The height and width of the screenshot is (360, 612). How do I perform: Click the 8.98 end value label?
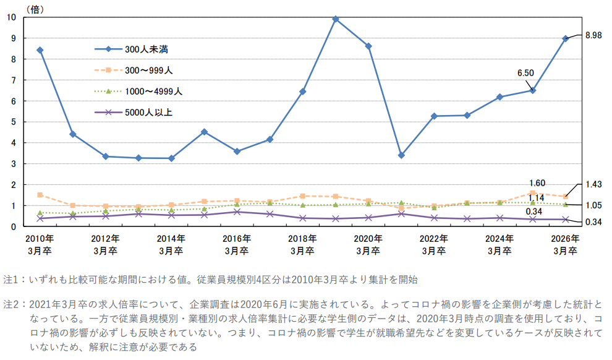click(x=593, y=36)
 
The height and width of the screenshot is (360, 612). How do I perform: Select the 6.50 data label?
click(x=525, y=73)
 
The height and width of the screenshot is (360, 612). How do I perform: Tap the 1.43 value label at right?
click(x=593, y=184)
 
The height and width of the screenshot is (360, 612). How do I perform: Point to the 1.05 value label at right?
click(x=593, y=205)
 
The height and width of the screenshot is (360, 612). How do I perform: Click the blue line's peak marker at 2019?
click(x=336, y=19)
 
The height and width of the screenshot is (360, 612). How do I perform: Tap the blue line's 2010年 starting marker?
click(x=40, y=50)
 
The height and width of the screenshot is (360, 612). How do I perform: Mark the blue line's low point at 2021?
click(x=401, y=155)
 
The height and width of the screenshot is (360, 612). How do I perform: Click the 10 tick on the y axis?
click(x=12, y=17)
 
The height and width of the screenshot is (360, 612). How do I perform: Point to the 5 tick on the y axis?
click(x=14, y=122)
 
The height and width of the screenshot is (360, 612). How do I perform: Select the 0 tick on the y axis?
click(x=14, y=226)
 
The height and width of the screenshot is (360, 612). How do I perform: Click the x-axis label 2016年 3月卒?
click(x=237, y=244)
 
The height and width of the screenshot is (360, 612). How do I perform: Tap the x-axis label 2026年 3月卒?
click(x=565, y=244)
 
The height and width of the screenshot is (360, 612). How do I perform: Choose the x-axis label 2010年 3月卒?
click(x=40, y=244)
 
